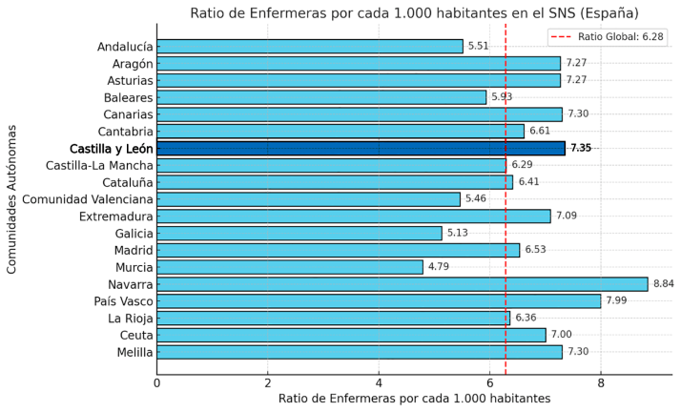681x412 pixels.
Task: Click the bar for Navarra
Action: click(402, 284)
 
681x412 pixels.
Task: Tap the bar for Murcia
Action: click(289, 267)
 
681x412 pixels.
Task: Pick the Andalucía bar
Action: click(309, 46)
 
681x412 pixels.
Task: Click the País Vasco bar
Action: click(379, 301)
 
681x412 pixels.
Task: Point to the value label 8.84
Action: click(666, 284)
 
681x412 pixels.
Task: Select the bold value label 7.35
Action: click(581, 148)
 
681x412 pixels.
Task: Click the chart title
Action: click(414, 12)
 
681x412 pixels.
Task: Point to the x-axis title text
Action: click(414, 399)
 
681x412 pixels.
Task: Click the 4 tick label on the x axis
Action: click(379, 382)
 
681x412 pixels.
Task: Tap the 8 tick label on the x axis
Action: click(601, 382)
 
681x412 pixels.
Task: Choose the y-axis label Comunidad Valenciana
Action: click(87, 199)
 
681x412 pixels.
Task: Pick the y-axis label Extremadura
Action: click(113, 216)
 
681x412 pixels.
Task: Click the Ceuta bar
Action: click(351, 335)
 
